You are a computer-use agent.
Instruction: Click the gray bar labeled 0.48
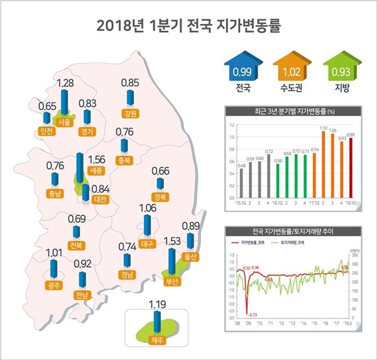point(241,182)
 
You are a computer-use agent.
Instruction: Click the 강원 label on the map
point(131,114)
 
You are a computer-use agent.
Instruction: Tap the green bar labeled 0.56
point(278,180)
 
